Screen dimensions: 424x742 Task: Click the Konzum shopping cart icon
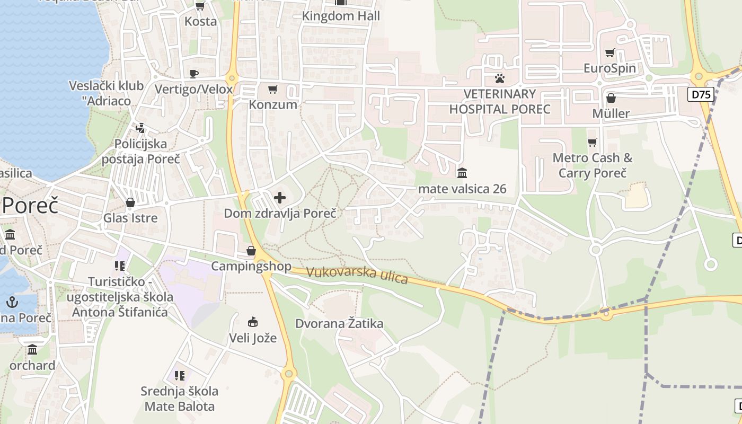pos(272,89)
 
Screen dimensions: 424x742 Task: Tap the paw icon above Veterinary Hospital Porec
pos(499,78)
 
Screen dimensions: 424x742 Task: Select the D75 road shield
pos(701,94)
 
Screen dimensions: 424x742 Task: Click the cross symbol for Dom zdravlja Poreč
pos(280,198)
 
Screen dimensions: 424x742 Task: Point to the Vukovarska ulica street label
pos(357,275)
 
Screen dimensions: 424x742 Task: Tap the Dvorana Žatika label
pos(339,323)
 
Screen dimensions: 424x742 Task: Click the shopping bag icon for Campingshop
pos(251,251)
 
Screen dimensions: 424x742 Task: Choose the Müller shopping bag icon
pos(611,98)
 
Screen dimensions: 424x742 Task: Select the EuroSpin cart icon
pos(609,53)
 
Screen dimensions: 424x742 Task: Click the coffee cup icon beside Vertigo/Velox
pos(193,74)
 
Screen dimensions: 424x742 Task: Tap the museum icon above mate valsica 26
pos(462,173)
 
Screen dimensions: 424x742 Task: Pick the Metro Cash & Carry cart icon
pos(592,142)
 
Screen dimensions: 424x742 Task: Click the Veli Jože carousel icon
pos(253,322)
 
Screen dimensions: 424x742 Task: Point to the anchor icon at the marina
pos(12,302)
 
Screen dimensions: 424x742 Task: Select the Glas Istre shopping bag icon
pos(130,202)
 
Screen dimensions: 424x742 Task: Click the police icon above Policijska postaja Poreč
pos(140,128)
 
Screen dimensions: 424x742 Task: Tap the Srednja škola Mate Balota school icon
pos(180,376)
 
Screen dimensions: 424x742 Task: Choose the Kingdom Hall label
pos(341,16)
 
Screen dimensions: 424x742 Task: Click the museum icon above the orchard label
pos(32,350)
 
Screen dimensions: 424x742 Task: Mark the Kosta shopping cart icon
pos(200,6)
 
